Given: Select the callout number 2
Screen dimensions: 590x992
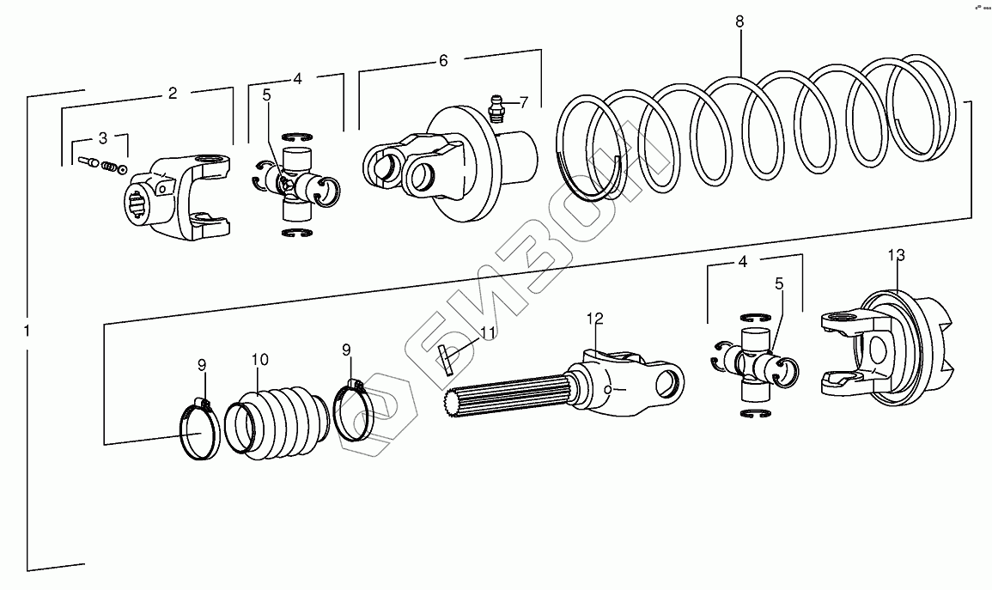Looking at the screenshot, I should (173, 93).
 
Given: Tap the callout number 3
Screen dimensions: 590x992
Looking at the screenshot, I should (103, 137).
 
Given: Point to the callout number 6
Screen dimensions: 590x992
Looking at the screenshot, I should (443, 61).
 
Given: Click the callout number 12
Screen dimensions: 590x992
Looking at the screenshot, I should (595, 319).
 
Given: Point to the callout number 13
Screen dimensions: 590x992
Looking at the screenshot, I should (896, 255).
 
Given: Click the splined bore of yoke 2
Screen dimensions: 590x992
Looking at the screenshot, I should (140, 207).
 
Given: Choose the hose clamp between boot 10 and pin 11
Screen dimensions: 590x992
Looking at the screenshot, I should (350, 411).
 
